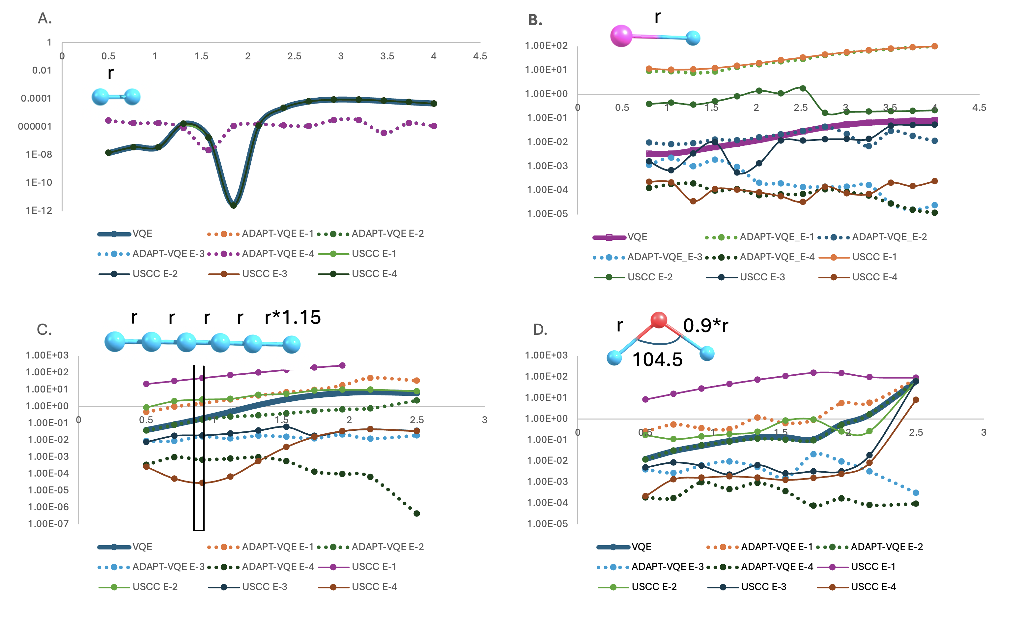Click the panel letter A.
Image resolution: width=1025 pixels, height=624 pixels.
[44, 18]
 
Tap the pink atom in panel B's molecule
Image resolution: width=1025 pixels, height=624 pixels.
[621, 36]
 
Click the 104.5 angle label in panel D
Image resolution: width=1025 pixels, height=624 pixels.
[657, 359]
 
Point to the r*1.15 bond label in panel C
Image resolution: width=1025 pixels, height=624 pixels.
[293, 317]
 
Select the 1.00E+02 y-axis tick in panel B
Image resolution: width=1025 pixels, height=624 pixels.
[546, 46]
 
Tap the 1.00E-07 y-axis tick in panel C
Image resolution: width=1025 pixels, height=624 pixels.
[48, 524]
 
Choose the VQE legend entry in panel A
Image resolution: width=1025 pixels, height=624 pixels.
[125, 234]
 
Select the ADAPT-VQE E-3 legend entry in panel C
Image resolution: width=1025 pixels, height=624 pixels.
[152, 567]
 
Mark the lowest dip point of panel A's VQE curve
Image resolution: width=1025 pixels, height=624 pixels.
[233, 205]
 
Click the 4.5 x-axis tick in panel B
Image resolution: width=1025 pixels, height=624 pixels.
[979, 108]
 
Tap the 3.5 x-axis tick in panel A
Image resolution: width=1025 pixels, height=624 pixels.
[387, 56]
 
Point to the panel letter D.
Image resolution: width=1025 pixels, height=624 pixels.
[540, 330]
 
